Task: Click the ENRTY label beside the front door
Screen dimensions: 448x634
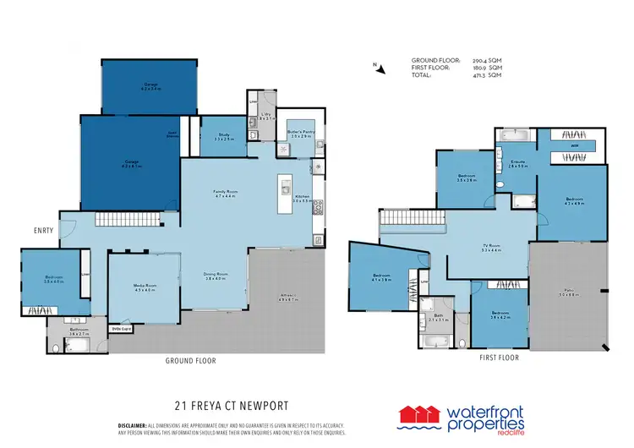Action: pyautogui.click(x=44, y=229)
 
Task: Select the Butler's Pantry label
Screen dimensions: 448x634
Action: pyautogui.click(x=300, y=134)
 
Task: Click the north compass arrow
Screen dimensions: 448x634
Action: pyautogui.click(x=379, y=68)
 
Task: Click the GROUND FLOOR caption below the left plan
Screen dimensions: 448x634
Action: pyautogui.click(x=191, y=361)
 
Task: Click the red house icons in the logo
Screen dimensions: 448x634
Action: pyautogui.click(x=421, y=414)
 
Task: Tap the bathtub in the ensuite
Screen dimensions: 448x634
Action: pyautogui.click(x=515, y=135)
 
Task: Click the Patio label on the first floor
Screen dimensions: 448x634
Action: pyautogui.click(x=566, y=294)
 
